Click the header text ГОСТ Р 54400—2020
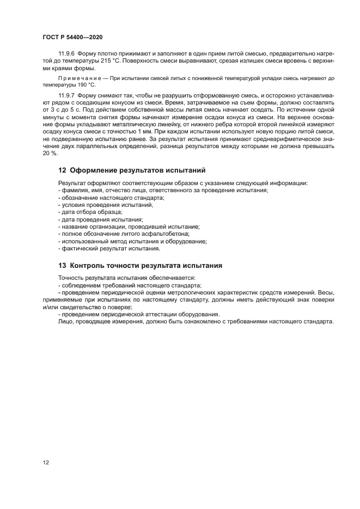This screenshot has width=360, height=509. [x=72, y=36]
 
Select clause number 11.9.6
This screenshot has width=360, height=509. [x=67, y=54]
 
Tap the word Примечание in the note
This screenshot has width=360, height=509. [x=80, y=78]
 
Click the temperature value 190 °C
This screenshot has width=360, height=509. [x=85, y=85]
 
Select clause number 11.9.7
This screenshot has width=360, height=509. [x=67, y=96]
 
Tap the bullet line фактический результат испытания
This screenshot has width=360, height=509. [x=109, y=248]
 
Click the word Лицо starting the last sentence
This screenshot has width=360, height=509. [x=65, y=322]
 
